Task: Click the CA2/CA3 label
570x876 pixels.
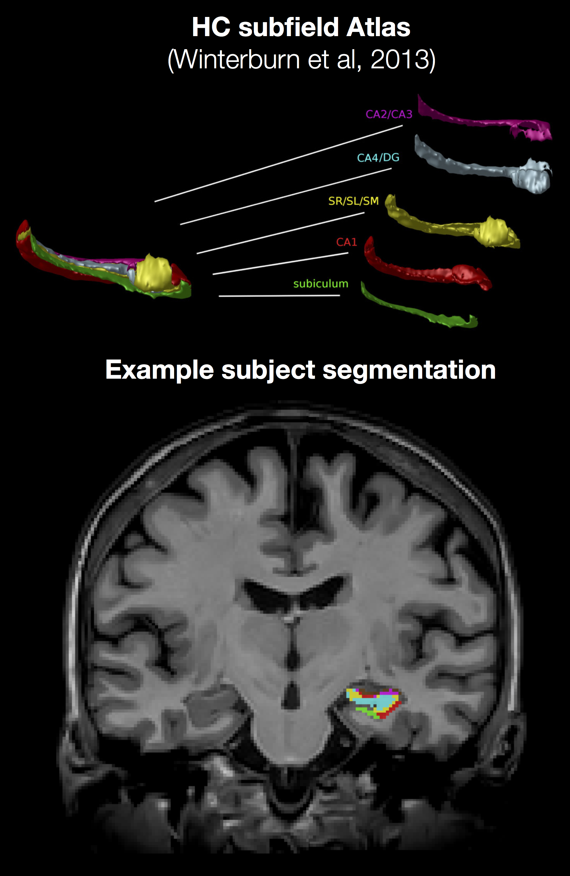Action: click(389, 114)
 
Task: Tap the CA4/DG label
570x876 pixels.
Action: click(378, 158)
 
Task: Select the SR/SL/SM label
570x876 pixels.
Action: click(353, 201)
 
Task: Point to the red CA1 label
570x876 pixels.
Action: click(346, 242)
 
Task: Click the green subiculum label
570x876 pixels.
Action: click(321, 284)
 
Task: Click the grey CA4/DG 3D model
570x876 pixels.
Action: click(478, 168)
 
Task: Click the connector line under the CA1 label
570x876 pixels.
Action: click(280, 264)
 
